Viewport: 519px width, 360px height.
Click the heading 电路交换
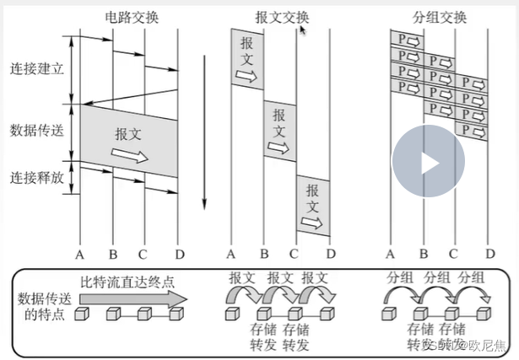131,16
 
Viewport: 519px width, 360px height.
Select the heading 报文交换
282,16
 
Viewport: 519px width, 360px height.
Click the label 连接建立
36,67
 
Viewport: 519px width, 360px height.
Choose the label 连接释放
36,177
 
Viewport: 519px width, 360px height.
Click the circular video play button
429,162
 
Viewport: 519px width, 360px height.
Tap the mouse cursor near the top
301,30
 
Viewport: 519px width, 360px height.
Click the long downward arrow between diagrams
203,135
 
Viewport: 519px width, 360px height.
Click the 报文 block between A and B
247,59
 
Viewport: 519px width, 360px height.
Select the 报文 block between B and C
280,132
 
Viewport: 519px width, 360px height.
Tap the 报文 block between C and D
312,205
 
